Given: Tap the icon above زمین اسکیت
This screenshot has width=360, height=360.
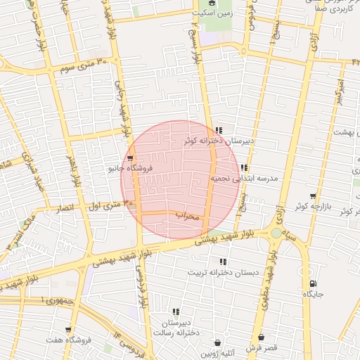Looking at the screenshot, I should tap(212, 4).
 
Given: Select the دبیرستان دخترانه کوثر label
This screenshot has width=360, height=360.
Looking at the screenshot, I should tap(218, 141).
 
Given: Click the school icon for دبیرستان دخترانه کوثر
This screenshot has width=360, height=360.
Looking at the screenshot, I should tap(219, 131).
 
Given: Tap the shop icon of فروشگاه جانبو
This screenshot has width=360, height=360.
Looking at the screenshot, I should tap(130, 158).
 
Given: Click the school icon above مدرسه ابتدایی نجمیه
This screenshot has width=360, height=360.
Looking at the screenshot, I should tap(243, 168).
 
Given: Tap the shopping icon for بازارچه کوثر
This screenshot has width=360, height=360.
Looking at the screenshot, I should tap(313, 196).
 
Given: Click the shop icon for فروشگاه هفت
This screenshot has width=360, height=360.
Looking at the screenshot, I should tap(68, 329).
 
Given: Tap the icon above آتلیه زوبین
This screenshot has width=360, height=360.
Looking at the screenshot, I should tap(217, 343).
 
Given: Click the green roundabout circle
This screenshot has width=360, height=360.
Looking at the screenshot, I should tap(276, 233).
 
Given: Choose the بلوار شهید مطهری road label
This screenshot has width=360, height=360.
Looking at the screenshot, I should tap(268, 271).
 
